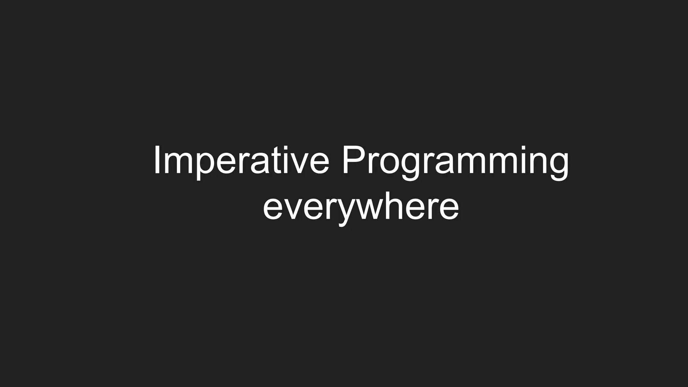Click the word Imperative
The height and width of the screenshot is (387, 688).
241,161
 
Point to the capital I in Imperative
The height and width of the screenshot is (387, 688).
157,161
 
